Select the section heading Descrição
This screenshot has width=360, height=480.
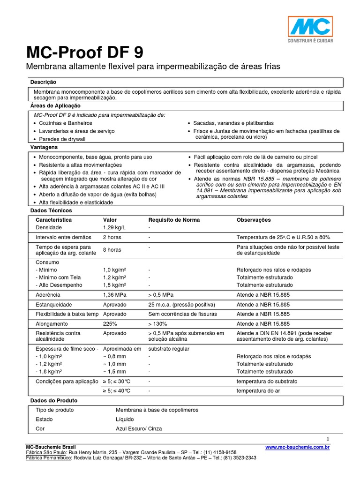tap(43, 82)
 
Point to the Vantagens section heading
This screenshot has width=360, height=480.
tap(44, 147)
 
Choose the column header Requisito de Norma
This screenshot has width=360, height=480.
tap(174, 220)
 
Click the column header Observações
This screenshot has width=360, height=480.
tap(254, 220)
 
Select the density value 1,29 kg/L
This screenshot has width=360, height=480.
tap(114, 227)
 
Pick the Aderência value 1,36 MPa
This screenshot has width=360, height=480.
tap(115, 294)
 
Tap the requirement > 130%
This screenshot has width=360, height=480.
tap(158, 324)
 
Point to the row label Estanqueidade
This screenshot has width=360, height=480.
tap(54, 304)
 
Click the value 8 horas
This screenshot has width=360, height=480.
tap(112, 250)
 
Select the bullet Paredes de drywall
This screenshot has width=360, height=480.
tap(62, 140)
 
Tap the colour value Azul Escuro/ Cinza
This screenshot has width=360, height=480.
tap(139, 428)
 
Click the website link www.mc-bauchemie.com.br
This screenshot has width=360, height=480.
tap(297, 448)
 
